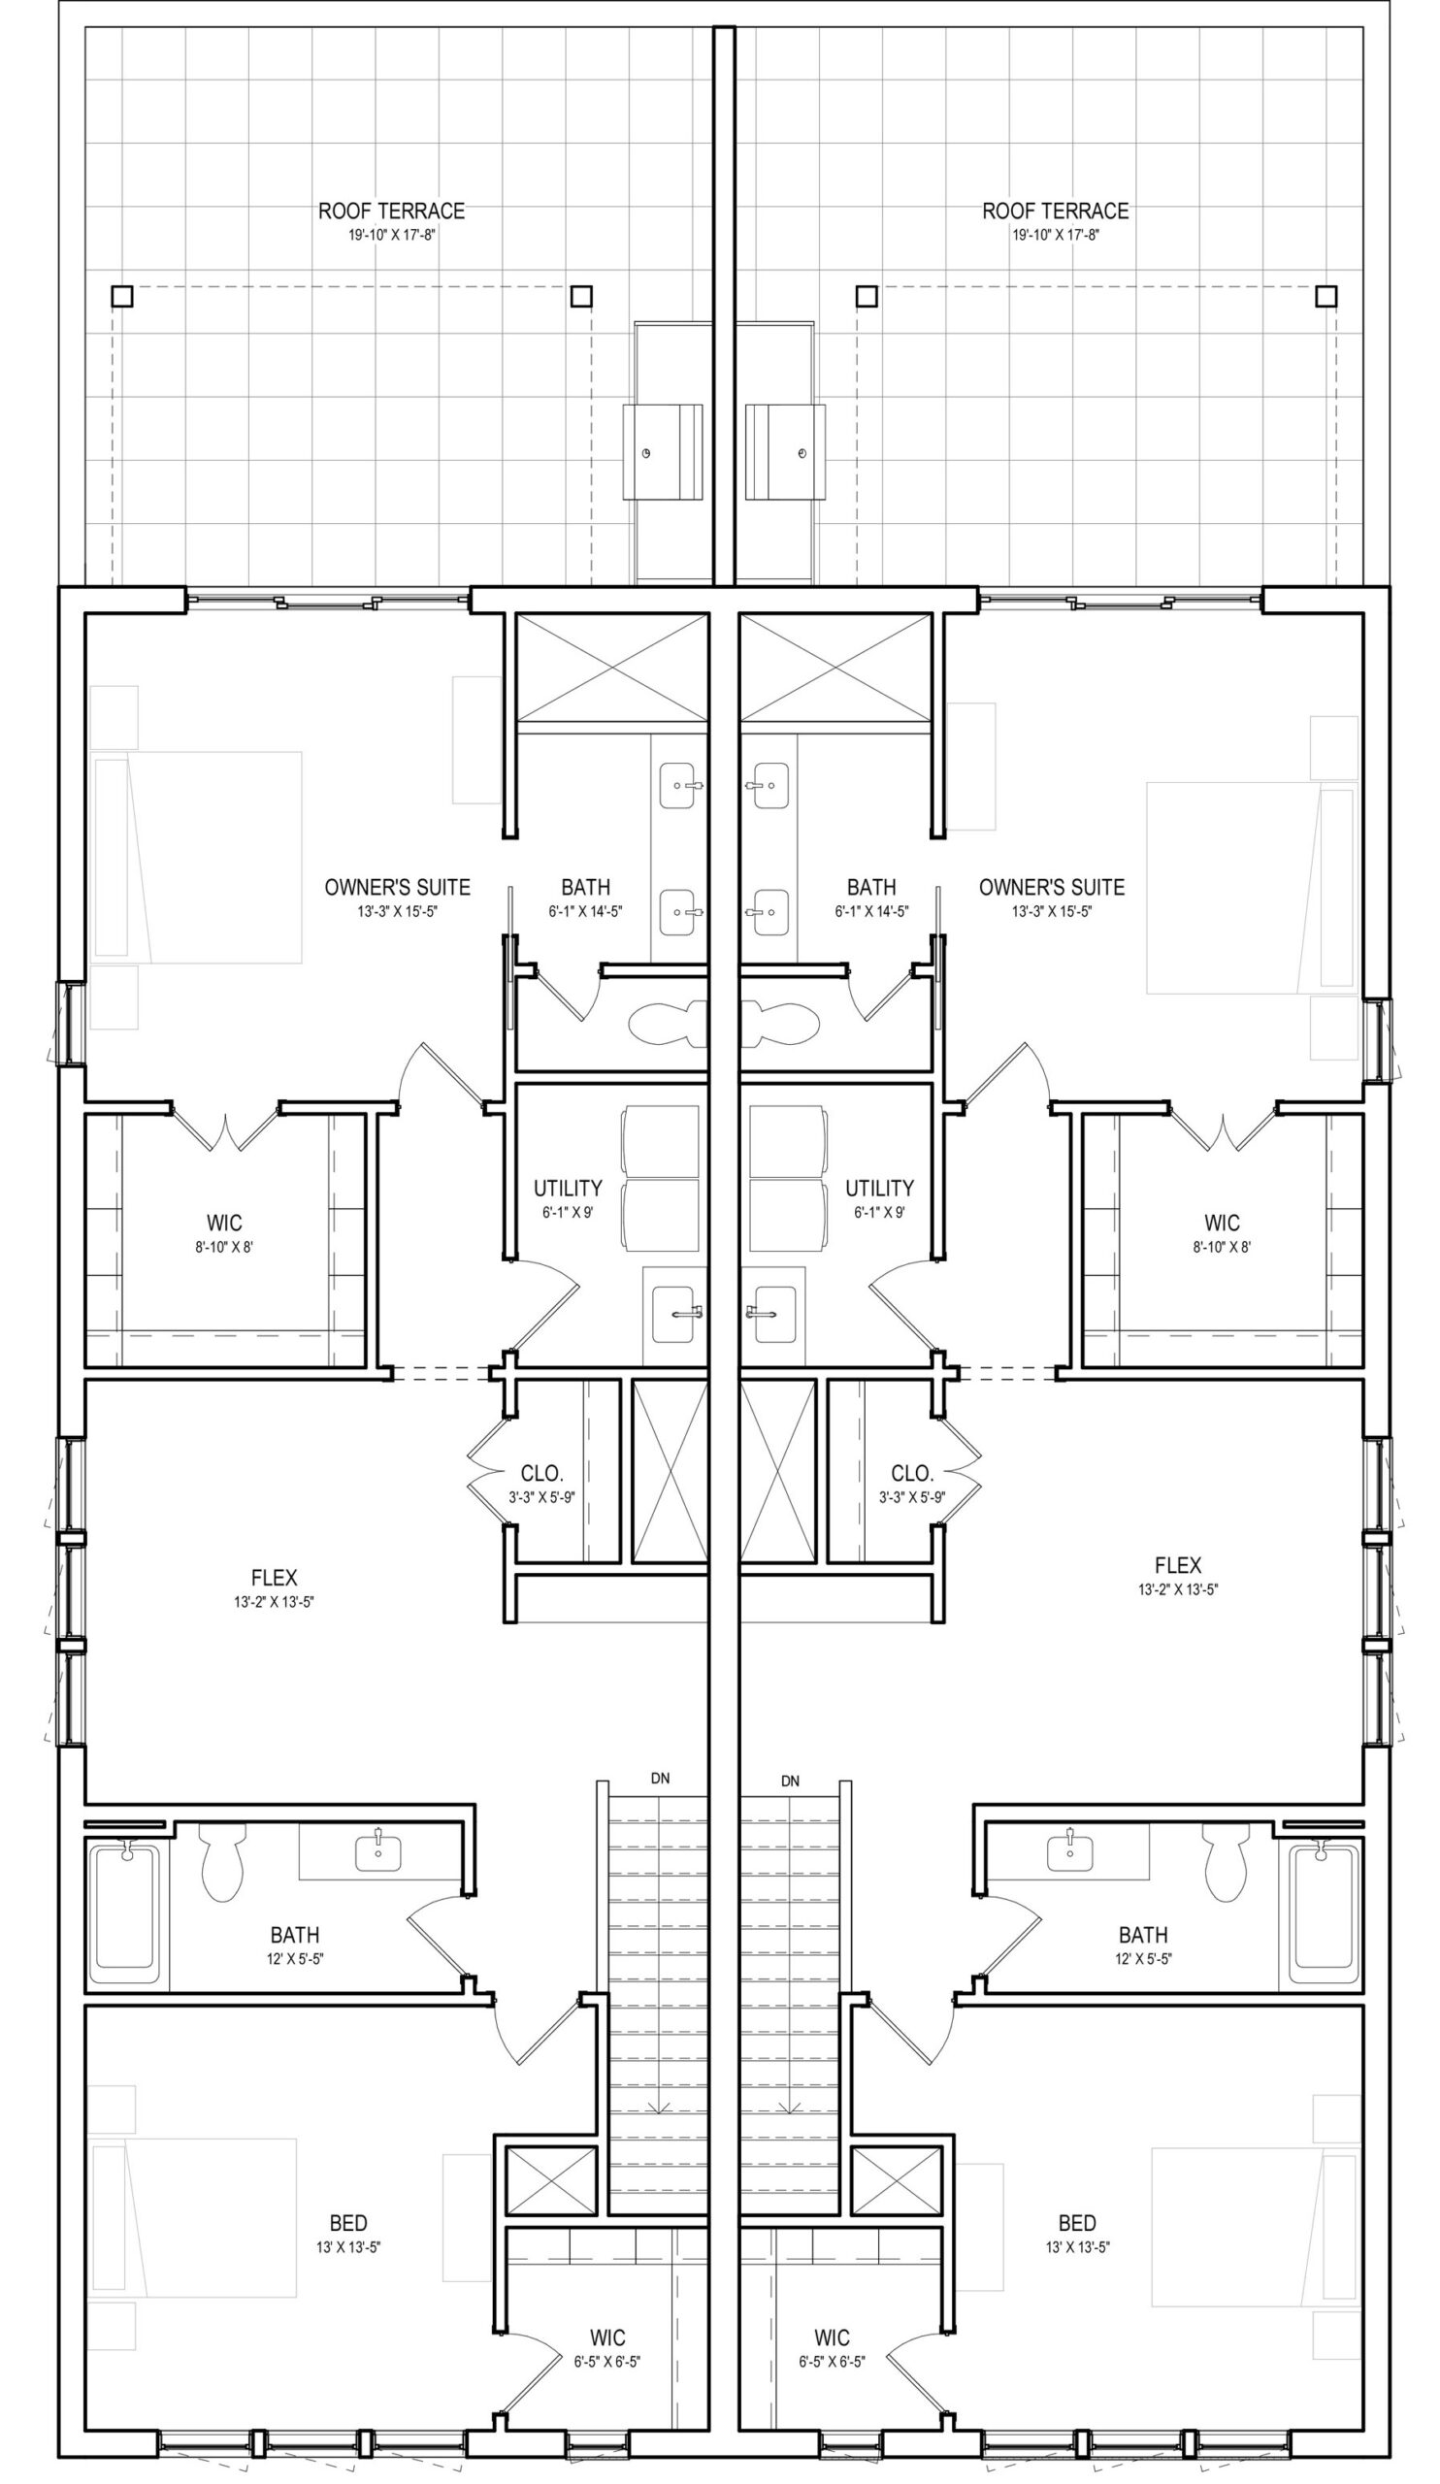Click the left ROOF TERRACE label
coord(391,211)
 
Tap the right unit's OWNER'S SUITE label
coord(1052,887)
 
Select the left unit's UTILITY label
coord(568,1188)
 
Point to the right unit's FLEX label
coord(1178,1565)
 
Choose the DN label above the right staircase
coord(791,1781)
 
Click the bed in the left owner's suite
coord(196,858)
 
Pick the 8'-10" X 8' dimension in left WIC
coord(225,1247)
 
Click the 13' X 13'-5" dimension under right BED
coord(1077,2247)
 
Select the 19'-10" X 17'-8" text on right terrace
coord(1056,236)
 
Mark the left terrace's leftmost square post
coord(121,296)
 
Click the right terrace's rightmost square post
coord(1326,296)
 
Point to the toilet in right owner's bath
coord(780,1022)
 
